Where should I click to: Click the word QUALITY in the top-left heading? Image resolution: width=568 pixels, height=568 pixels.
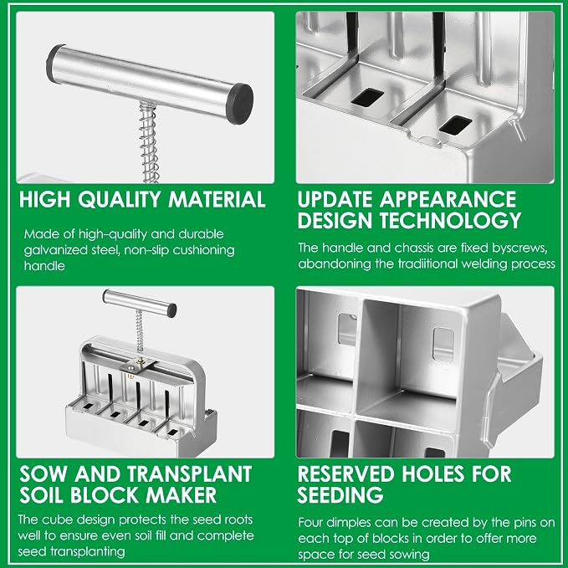119,200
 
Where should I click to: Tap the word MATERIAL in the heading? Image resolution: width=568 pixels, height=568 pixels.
217,199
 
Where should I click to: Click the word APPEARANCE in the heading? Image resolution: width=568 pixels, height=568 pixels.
448,199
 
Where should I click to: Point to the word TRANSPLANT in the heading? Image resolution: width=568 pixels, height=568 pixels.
189,473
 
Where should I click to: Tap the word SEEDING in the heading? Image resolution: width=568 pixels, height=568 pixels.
340,495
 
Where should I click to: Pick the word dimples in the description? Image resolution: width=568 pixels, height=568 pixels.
349,523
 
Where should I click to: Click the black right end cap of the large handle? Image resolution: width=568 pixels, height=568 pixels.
239,103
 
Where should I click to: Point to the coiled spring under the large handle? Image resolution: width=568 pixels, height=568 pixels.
149,142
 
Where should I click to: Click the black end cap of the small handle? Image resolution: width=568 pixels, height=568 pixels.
171,311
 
